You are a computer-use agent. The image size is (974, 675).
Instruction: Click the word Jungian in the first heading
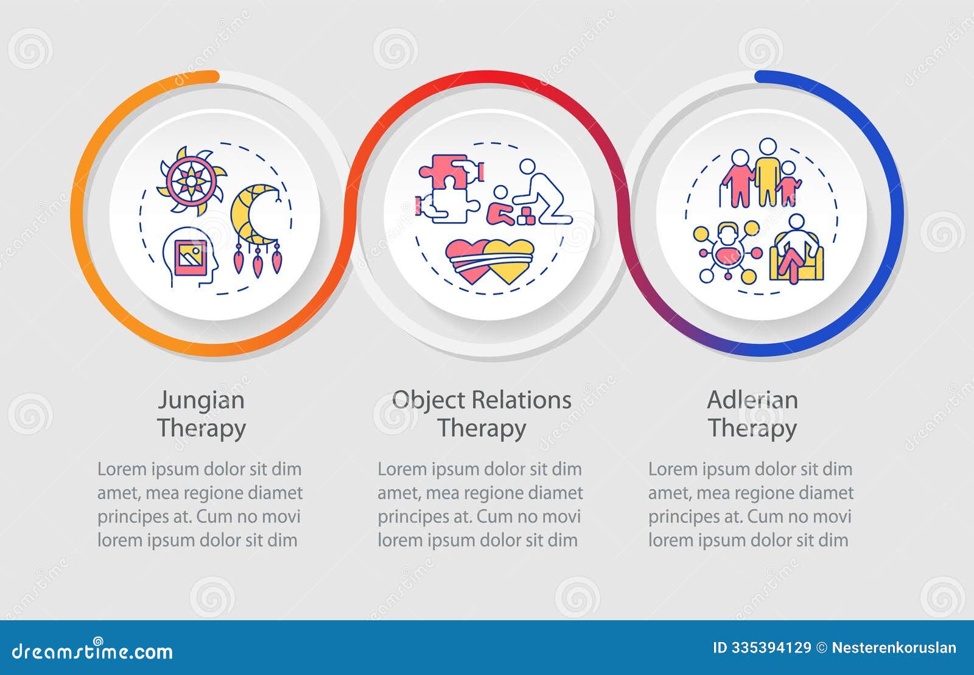coord(201,400)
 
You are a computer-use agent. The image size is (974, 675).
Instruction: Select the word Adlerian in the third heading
coord(752,400)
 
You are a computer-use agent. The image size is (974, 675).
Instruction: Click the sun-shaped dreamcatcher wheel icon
coord(191,180)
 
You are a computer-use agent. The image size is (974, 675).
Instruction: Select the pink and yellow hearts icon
coord(490,261)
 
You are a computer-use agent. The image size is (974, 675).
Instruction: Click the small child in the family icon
coord(788,183)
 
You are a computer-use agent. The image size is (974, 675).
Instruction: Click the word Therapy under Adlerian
coord(752,428)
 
